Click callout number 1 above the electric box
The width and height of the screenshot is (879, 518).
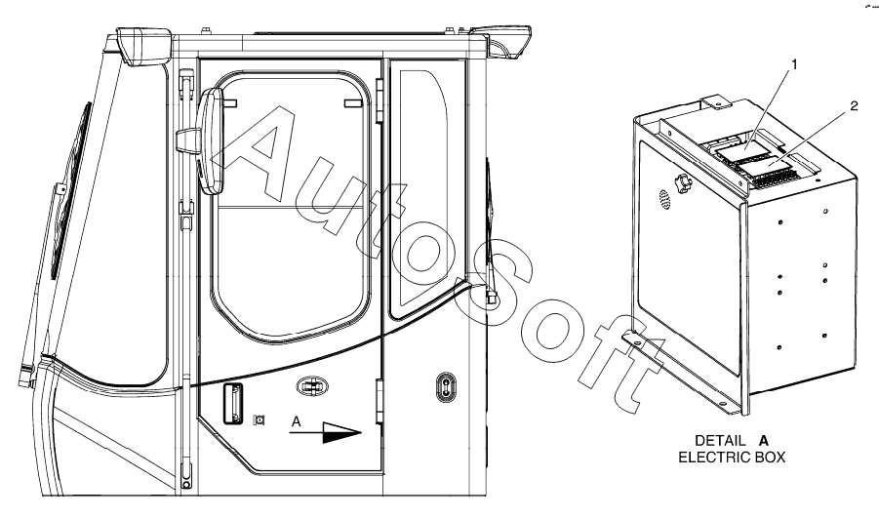(793, 64)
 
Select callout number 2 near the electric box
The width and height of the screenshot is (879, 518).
(854, 106)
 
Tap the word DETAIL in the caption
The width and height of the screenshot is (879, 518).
(720, 441)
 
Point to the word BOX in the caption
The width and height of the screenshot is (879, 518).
(768, 458)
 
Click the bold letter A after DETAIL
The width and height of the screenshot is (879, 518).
(764, 441)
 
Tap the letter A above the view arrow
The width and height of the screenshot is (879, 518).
(296, 421)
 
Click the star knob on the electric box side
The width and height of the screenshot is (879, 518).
(683, 182)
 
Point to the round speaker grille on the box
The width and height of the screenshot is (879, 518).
(664, 199)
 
